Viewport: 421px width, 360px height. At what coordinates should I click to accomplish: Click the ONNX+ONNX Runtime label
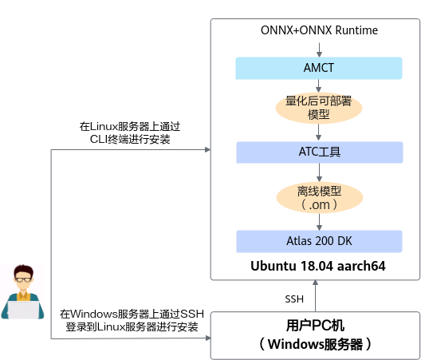pos(319,30)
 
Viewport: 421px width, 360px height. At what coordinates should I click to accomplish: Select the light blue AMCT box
pos(319,68)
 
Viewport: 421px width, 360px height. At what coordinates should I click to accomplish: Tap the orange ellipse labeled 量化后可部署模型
pos(319,108)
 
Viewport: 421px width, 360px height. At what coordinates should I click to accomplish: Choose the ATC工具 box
pos(320,152)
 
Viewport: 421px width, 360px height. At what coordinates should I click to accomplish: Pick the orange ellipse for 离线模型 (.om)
pos(320,198)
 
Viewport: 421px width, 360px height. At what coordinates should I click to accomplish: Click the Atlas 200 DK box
pos(319,241)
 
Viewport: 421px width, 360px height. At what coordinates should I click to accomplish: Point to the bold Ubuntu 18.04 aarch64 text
pos(318,266)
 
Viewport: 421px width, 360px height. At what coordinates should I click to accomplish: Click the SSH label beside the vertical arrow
pos(294,299)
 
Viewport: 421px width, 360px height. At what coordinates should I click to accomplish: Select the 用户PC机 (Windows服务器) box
pos(315,335)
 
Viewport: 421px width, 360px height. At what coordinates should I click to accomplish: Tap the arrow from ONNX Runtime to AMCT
pos(319,49)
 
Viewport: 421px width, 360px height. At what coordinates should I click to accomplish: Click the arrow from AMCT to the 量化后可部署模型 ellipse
pos(319,85)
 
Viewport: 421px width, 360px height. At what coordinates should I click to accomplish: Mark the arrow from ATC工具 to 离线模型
pos(319,172)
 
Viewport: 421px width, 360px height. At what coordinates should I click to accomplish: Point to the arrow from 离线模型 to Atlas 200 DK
pos(319,222)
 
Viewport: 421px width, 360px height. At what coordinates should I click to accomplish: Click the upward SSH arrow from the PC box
pos(315,296)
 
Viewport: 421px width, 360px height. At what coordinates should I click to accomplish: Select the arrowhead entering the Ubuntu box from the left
pos(208,149)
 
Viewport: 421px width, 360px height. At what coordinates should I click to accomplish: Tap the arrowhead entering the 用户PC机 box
pos(208,338)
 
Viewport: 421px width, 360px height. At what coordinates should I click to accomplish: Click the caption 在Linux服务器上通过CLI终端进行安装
pos(130,133)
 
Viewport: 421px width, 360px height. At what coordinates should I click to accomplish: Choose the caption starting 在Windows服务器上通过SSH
pos(132,320)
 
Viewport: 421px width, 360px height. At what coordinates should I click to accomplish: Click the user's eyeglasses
pos(23,279)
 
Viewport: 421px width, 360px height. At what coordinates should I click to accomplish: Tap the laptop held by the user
pos(24,310)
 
